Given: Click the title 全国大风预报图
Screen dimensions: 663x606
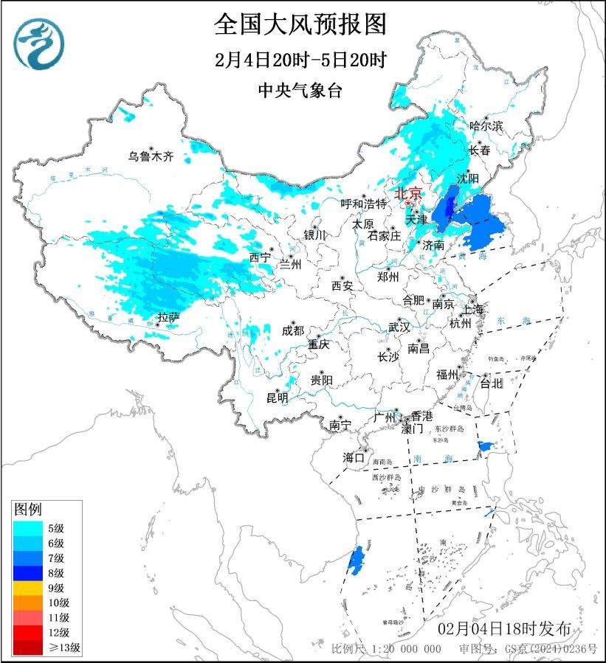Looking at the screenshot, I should (300, 24).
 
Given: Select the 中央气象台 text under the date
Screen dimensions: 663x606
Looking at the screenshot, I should (300, 90).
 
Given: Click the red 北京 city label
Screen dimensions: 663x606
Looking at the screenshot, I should (408, 193).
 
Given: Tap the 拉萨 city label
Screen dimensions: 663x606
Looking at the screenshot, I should (168, 318).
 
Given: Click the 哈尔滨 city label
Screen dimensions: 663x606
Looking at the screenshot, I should (486, 126).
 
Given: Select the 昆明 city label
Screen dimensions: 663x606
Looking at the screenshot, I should (278, 398).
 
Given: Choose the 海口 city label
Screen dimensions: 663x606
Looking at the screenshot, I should (354, 458).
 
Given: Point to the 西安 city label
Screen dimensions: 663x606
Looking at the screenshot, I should (342, 285).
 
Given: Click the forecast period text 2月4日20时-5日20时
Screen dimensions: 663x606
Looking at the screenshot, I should (300, 60).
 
